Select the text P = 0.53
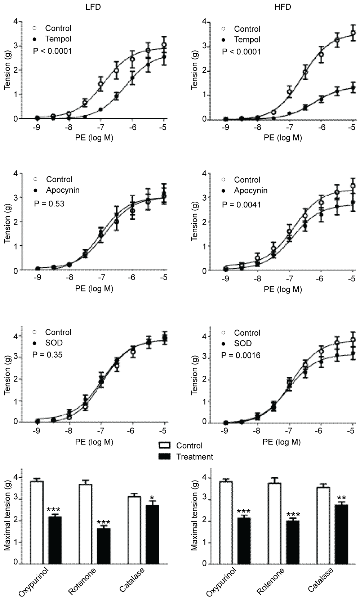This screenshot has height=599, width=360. (x=49, y=204)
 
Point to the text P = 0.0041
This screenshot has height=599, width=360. (x=241, y=205)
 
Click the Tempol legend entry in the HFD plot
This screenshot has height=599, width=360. (x=247, y=39)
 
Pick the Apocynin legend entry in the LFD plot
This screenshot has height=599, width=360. (x=63, y=190)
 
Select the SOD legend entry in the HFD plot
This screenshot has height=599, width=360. (x=243, y=343)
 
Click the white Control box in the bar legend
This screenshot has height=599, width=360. (x=164, y=446)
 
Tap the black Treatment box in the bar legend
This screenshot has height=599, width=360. (x=164, y=457)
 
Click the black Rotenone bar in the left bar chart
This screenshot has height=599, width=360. (x=103, y=545)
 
